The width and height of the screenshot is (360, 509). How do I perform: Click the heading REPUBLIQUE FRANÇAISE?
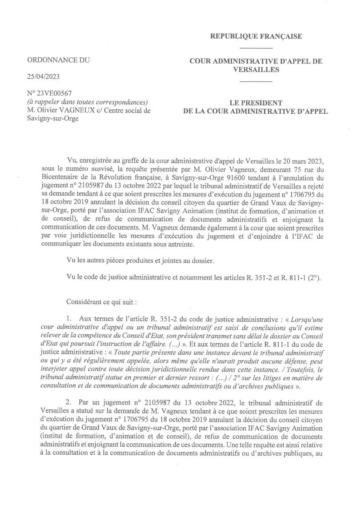click(256, 36)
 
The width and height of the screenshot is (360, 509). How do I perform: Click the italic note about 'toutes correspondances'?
click(87, 102)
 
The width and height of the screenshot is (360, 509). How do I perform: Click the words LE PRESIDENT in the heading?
click(256, 103)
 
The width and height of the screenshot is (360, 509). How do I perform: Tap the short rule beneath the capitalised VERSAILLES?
click(256, 81)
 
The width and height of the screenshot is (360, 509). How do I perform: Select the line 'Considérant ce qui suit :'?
click(101, 301)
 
